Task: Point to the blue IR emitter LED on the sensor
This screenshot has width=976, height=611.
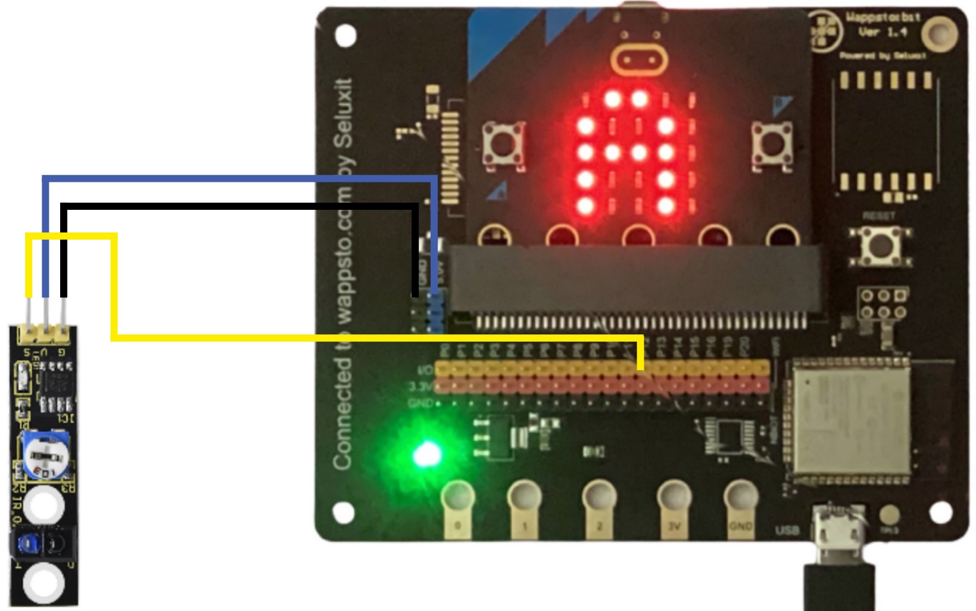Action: tap(27, 543)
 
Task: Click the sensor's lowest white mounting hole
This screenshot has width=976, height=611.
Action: tap(43, 583)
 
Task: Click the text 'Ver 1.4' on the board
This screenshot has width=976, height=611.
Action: tap(882, 32)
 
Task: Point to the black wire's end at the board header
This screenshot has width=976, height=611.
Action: tap(415, 294)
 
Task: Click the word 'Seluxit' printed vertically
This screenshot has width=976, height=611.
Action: tap(344, 113)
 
